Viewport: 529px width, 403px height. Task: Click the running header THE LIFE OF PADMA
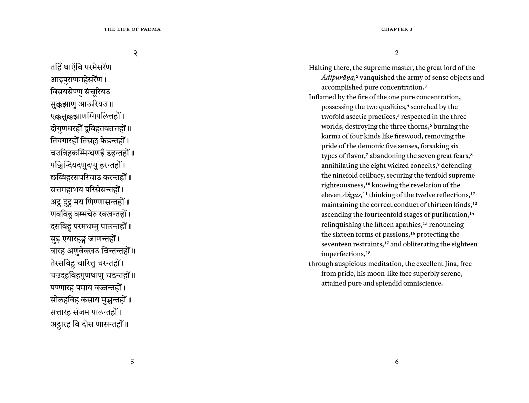coord(132,29)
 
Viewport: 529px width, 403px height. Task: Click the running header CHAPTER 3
coord(397,29)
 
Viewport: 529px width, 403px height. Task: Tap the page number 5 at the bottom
coord(132,362)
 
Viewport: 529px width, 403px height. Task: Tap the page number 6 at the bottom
coord(397,362)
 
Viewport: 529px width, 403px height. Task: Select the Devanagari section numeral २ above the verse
coord(135,53)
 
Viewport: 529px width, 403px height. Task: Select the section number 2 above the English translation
coord(397,53)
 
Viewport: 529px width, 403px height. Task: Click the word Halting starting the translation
coord(320,68)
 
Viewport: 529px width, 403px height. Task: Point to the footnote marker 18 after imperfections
coord(368,253)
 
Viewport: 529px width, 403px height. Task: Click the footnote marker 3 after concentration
coord(425,86)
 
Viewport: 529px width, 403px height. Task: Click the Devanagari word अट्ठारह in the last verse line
coord(60,325)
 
